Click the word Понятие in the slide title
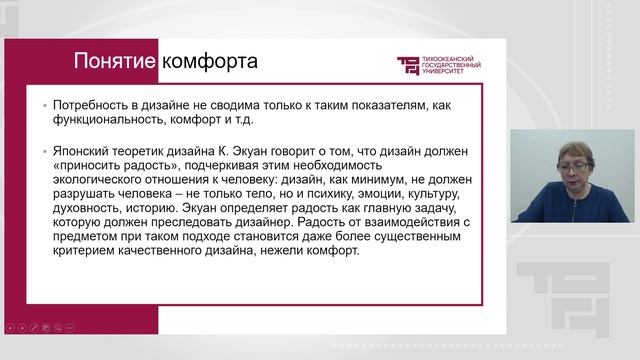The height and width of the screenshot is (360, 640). click(x=113, y=63)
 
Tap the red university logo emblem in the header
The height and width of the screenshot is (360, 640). click(x=410, y=66)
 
